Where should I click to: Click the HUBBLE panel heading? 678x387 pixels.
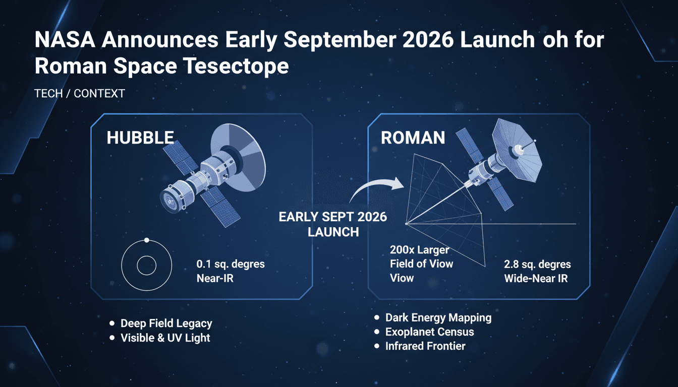(x=140, y=138)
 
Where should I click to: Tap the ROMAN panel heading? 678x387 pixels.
(x=413, y=138)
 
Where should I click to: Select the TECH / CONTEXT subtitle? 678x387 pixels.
(x=80, y=94)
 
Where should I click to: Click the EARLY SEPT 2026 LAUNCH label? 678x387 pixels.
(x=333, y=224)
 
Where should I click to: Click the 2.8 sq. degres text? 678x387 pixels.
(x=537, y=265)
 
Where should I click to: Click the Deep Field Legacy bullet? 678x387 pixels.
(x=166, y=324)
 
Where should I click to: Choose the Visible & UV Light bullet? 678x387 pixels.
(x=165, y=338)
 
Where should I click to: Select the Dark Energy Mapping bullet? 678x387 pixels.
(x=438, y=318)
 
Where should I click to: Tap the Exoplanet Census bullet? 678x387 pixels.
(x=429, y=332)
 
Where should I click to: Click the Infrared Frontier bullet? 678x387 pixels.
(x=425, y=346)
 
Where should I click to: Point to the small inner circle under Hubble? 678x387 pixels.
(x=146, y=266)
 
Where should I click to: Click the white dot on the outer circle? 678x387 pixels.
(x=146, y=240)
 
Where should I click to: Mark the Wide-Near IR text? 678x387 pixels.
(x=536, y=278)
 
